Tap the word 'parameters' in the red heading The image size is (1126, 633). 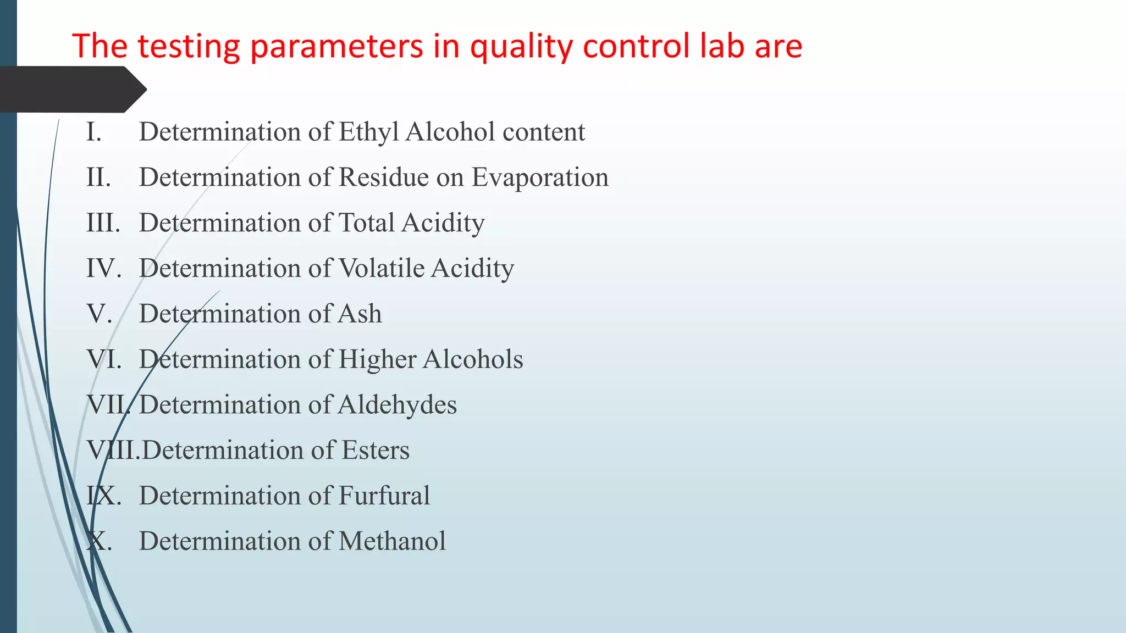pyautogui.click(x=336, y=46)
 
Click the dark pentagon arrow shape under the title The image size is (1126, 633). pyautogui.click(x=71, y=89)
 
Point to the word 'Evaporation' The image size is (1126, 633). pyautogui.click(x=540, y=178)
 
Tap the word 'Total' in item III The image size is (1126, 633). pyautogui.click(x=366, y=223)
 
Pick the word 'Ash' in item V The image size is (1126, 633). pyautogui.click(x=360, y=314)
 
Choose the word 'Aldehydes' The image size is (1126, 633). pyautogui.click(x=397, y=405)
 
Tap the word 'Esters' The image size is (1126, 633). pyautogui.click(x=376, y=450)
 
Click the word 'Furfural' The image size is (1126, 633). pyautogui.click(x=384, y=496)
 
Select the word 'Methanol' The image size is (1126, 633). pyautogui.click(x=392, y=541)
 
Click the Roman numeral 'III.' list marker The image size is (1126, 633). pyautogui.click(x=103, y=223)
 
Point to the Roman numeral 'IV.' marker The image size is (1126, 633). pyautogui.click(x=103, y=269)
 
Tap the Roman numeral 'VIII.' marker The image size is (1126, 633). pyautogui.click(x=113, y=450)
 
